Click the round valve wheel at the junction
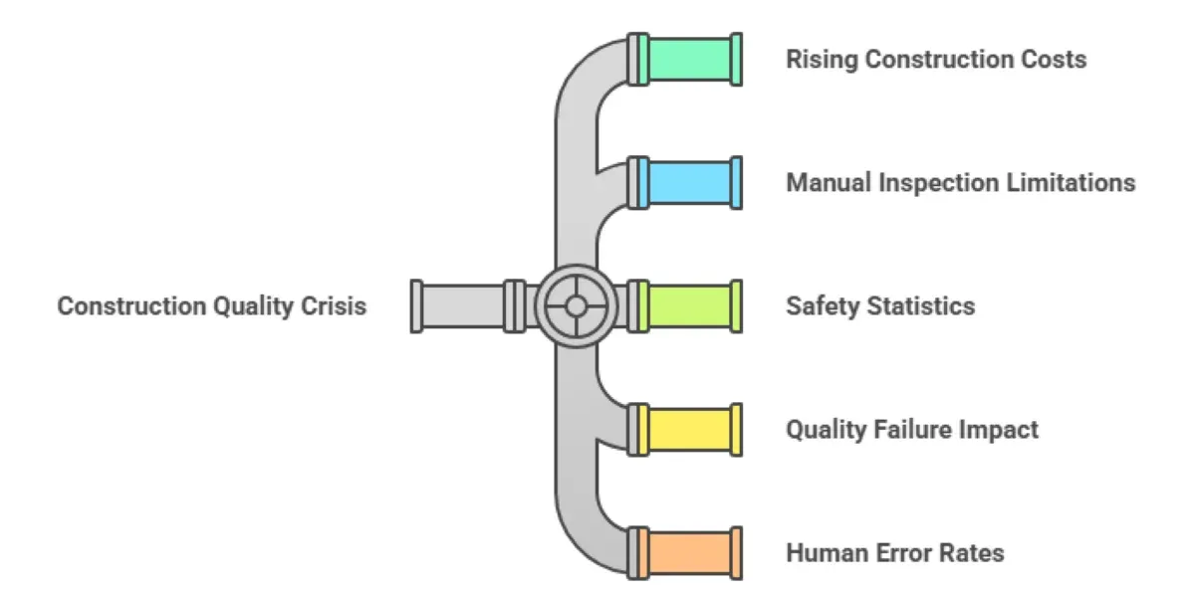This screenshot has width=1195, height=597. pos(576,305)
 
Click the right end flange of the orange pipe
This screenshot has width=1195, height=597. pos(736,552)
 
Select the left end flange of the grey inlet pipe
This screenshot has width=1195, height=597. pos(417,305)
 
